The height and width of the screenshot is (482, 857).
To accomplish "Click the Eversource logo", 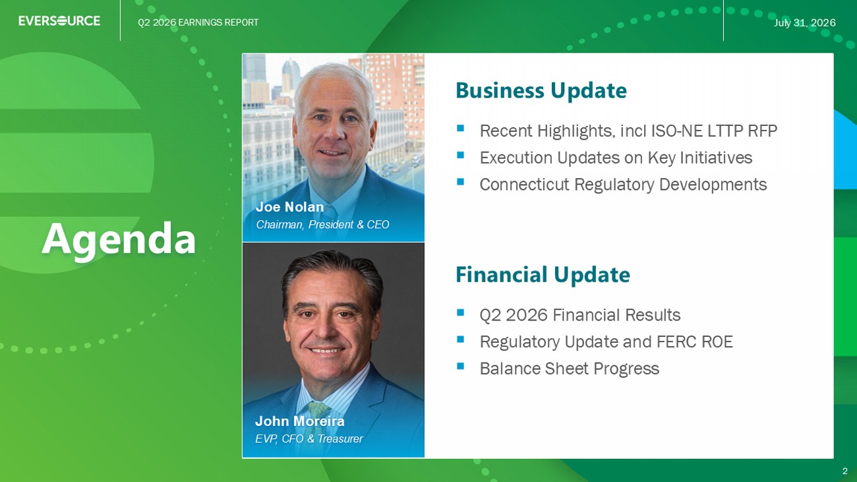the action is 59,20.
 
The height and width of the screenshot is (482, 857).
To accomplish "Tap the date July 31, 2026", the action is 804,23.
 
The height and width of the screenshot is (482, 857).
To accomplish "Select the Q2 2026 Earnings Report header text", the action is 198,22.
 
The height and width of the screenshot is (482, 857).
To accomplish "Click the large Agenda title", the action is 119,240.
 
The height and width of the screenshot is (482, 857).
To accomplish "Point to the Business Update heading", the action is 541,90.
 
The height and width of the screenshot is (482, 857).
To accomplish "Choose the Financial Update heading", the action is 543,275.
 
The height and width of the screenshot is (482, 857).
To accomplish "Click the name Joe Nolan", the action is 289,207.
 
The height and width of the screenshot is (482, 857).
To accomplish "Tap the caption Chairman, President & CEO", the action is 322,225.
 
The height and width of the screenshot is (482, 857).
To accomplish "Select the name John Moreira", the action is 299,421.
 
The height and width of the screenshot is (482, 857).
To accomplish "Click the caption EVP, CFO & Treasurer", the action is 309,438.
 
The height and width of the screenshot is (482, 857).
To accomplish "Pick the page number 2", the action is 844,471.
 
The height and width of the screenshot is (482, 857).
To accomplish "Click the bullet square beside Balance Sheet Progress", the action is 460,366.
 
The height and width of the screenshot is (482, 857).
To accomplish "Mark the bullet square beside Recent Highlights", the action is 460,128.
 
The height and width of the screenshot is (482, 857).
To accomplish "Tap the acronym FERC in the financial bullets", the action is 677,342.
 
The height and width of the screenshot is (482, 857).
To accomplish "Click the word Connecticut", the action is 525,185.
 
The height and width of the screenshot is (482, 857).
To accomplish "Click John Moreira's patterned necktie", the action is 318,412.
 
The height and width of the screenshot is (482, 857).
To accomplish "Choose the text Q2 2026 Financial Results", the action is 580,315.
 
